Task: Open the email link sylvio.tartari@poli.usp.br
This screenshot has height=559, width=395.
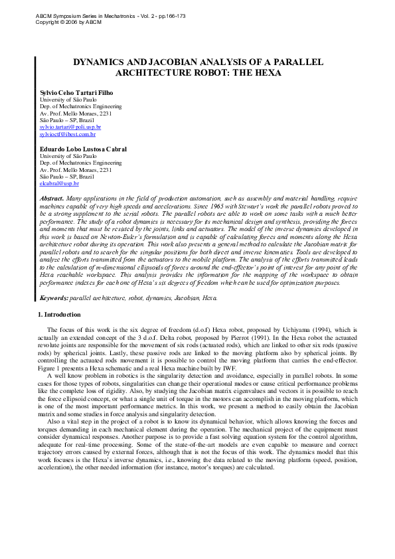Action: click(70, 126)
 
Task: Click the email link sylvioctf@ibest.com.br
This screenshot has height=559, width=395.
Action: click(68, 133)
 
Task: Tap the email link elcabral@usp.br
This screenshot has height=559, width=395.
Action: click(59, 183)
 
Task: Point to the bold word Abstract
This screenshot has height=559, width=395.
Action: click(52, 199)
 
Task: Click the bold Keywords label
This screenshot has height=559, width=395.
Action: click(54, 298)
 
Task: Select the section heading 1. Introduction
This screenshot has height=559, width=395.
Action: click(58, 314)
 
